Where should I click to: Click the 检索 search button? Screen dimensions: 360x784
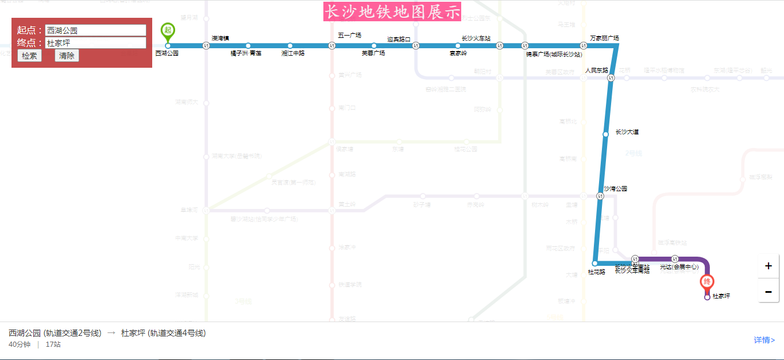coord(29,56)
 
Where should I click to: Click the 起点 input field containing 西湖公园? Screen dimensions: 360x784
coord(95,30)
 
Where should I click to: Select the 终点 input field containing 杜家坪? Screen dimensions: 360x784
coord(95,43)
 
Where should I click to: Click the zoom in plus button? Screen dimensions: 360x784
coord(768,266)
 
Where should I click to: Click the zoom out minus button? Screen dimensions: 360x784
coord(768,291)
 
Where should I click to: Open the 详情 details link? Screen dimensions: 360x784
coord(764,340)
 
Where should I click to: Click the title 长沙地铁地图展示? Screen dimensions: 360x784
coord(392,12)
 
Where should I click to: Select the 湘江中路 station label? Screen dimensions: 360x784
coord(293,53)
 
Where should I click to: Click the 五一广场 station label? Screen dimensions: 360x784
coord(349,36)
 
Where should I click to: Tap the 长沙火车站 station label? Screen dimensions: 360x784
coord(476,38)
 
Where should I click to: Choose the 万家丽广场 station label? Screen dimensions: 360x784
coord(604,38)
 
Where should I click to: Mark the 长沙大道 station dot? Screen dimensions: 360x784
coord(605,134)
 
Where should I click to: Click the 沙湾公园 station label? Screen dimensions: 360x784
coord(615,188)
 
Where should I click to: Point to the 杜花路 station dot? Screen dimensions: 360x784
coord(594,264)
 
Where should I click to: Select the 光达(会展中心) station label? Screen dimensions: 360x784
coord(679,267)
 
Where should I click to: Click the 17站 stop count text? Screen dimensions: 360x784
coord(53,344)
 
